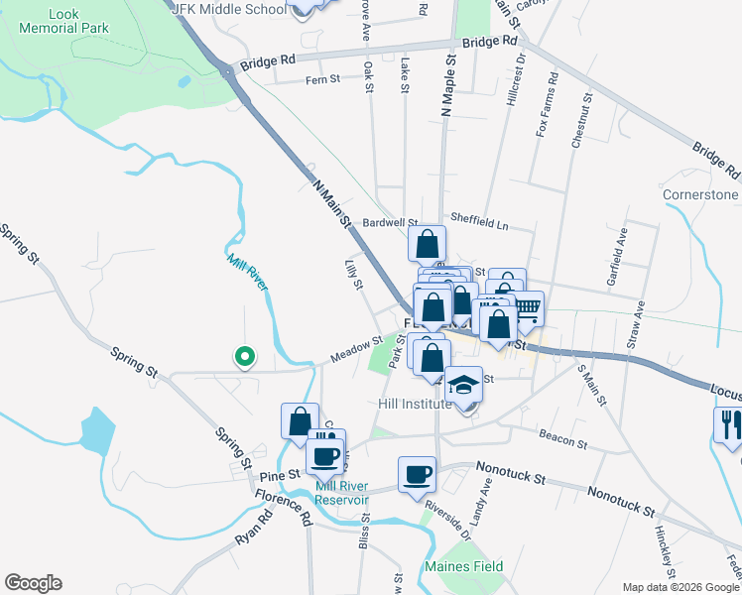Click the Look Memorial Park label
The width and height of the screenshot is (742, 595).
[63, 21]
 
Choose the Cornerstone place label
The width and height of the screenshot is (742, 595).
[700, 194]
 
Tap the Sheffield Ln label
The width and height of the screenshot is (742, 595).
[478, 225]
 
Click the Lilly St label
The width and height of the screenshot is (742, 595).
[350, 273]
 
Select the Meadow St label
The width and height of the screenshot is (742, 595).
[356, 350]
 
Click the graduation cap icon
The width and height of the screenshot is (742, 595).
[463, 383]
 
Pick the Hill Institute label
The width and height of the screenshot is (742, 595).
[416, 405]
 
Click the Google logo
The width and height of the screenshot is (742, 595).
[34, 583]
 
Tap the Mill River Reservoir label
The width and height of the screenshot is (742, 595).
[341, 493]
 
